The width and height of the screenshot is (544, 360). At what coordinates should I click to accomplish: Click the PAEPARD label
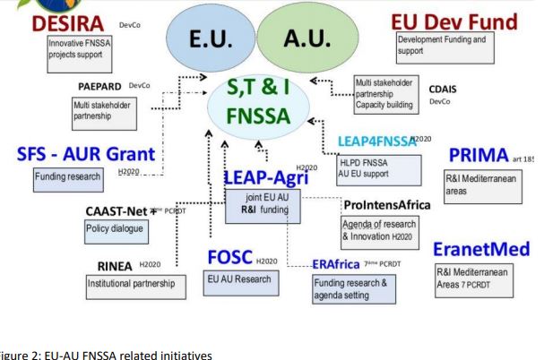(x=102, y=86)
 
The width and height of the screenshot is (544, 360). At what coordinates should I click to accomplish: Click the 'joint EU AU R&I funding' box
(x=263, y=206)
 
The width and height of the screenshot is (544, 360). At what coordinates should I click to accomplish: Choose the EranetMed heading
(x=485, y=248)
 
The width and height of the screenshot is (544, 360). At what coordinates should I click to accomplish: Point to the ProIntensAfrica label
(x=385, y=204)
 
